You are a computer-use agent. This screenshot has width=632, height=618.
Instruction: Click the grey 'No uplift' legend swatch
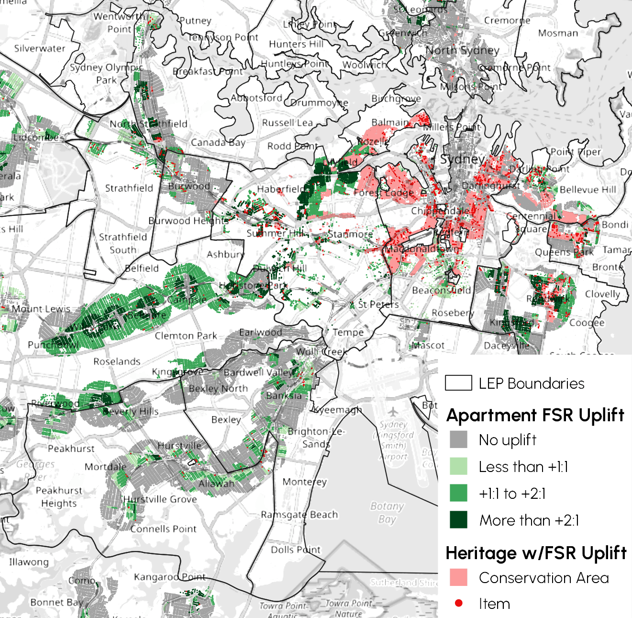pyautogui.click(x=458, y=439)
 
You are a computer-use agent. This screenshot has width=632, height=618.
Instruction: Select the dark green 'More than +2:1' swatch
pyautogui.click(x=458, y=520)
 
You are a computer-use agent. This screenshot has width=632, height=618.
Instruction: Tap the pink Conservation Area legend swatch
pyautogui.click(x=458, y=577)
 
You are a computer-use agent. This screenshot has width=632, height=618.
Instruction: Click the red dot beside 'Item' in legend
pyautogui.click(x=459, y=603)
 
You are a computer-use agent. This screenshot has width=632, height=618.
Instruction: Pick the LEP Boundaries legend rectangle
pyautogui.click(x=458, y=383)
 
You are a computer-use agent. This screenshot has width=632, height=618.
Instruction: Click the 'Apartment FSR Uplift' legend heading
pyautogui.click(x=535, y=415)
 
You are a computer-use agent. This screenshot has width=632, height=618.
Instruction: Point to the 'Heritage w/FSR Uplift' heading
pyautogui.click(x=536, y=553)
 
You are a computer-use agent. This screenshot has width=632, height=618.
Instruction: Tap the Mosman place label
pyautogui.click(x=558, y=33)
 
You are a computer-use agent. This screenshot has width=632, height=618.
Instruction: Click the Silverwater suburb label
pyautogui.click(x=40, y=48)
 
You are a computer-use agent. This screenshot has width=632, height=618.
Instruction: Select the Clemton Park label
pyautogui.click(x=186, y=336)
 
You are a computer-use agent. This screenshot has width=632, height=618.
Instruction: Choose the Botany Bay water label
pyautogui.click(x=387, y=512)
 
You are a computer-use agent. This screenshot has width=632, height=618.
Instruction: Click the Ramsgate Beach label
pyautogui.click(x=299, y=515)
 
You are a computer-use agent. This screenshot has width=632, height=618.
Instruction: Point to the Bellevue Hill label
pyautogui.click(x=588, y=190)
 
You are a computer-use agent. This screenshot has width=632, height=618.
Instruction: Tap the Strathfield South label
pyautogui.click(x=123, y=243)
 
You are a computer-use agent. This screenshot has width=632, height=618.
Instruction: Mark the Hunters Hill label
pyautogui.click(x=296, y=44)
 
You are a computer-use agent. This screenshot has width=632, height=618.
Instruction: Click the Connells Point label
pyautogui.click(x=163, y=529)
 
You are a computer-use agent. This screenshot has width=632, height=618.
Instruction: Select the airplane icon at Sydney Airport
pyautogui.click(x=393, y=412)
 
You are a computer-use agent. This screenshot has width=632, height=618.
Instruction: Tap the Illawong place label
pyautogui.click(x=29, y=562)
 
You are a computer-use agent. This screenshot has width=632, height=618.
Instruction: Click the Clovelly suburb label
pyautogui.click(x=602, y=294)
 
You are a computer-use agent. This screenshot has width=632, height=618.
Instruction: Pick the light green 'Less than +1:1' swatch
pyautogui.click(x=458, y=466)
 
